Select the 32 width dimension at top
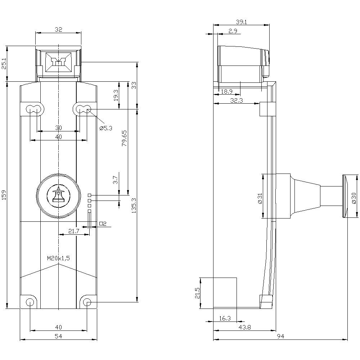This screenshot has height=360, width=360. [x=58, y=30]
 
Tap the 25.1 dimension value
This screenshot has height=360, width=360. [x=4, y=64]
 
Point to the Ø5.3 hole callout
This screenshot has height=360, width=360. [x=106, y=128]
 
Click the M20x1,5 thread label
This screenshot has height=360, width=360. [x=58, y=258]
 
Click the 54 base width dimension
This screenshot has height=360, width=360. [x=58, y=336]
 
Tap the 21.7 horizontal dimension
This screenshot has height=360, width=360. [x=73, y=231]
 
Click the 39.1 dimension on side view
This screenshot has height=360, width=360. [x=241, y=22]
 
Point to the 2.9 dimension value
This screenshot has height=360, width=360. [x=233, y=31]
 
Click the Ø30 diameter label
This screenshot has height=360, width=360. [x=354, y=197]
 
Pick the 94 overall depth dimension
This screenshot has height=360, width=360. [x=281, y=336]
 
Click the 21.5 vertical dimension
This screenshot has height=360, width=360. [x=197, y=293]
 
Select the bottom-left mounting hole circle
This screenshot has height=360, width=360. [x=30, y=302]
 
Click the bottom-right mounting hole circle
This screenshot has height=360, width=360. [x=87, y=302]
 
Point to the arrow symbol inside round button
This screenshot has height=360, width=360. [x=58, y=195]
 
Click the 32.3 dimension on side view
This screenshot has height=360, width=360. [x=236, y=101]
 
